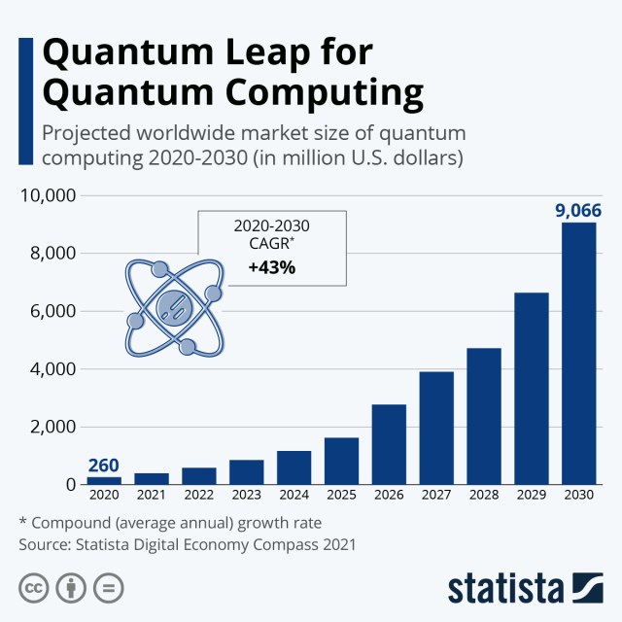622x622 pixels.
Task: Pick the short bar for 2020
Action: pos(104,480)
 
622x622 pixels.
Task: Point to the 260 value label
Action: pos(104,465)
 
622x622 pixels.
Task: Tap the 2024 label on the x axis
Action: pos(294,497)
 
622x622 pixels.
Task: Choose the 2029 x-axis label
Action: pos(531,497)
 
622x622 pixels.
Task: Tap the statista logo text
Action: pos(504,588)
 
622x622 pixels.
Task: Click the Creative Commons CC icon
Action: pos(33,588)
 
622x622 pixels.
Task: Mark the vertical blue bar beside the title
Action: pos(25,74)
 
